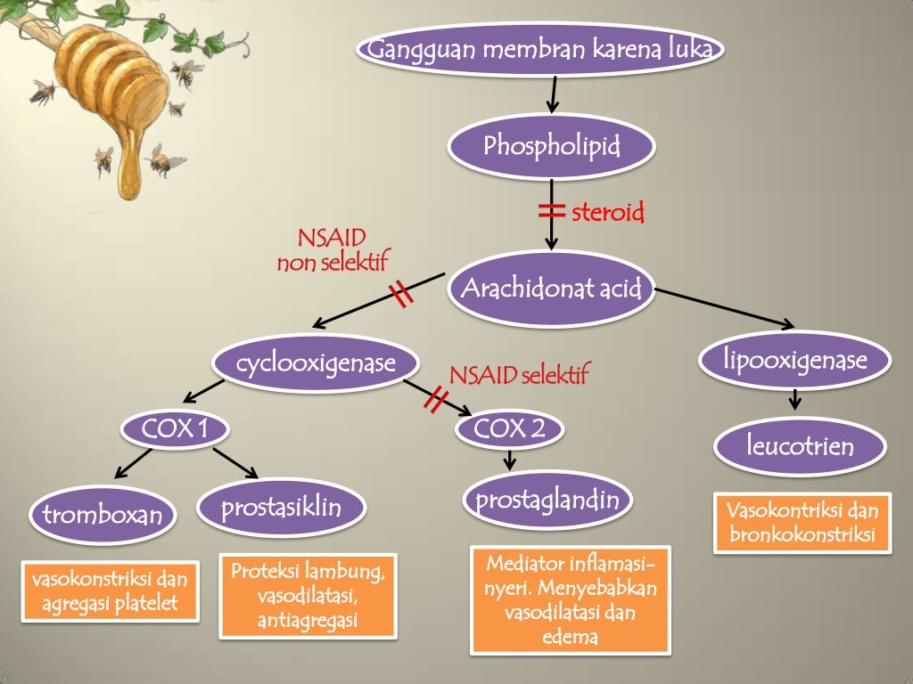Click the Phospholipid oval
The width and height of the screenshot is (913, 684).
tap(551, 146)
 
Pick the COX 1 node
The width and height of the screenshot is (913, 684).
tap(175, 430)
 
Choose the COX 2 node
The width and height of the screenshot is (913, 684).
tap(509, 430)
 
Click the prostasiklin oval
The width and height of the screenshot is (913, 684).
tap(281, 509)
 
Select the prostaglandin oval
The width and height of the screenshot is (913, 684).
tap(547, 500)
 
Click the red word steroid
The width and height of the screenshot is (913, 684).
tap(607, 213)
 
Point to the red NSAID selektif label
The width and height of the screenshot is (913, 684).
tap(519, 375)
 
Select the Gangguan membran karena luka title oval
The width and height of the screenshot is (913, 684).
tap(540, 50)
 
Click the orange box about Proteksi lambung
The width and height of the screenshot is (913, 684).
tap(308, 595)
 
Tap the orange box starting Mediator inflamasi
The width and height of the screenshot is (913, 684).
tap(570, 599)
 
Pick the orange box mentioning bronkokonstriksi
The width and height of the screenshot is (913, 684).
tap(802, 523)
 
